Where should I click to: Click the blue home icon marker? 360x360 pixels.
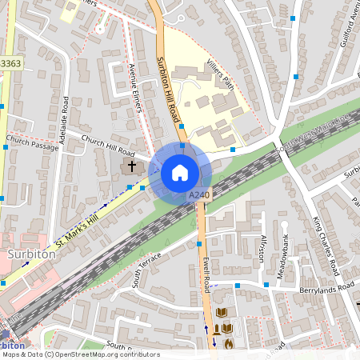pyautogui.click(x=180, y=173)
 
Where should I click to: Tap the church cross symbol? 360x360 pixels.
pyautogui.click(x=132, y=166)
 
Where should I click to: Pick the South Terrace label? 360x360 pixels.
pyautogui.click(x=146, y=269)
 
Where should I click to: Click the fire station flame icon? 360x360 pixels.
pyautogui.click(x=229, y=344)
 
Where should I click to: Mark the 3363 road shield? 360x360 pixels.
pyautogui.click(x=10, y=62)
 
